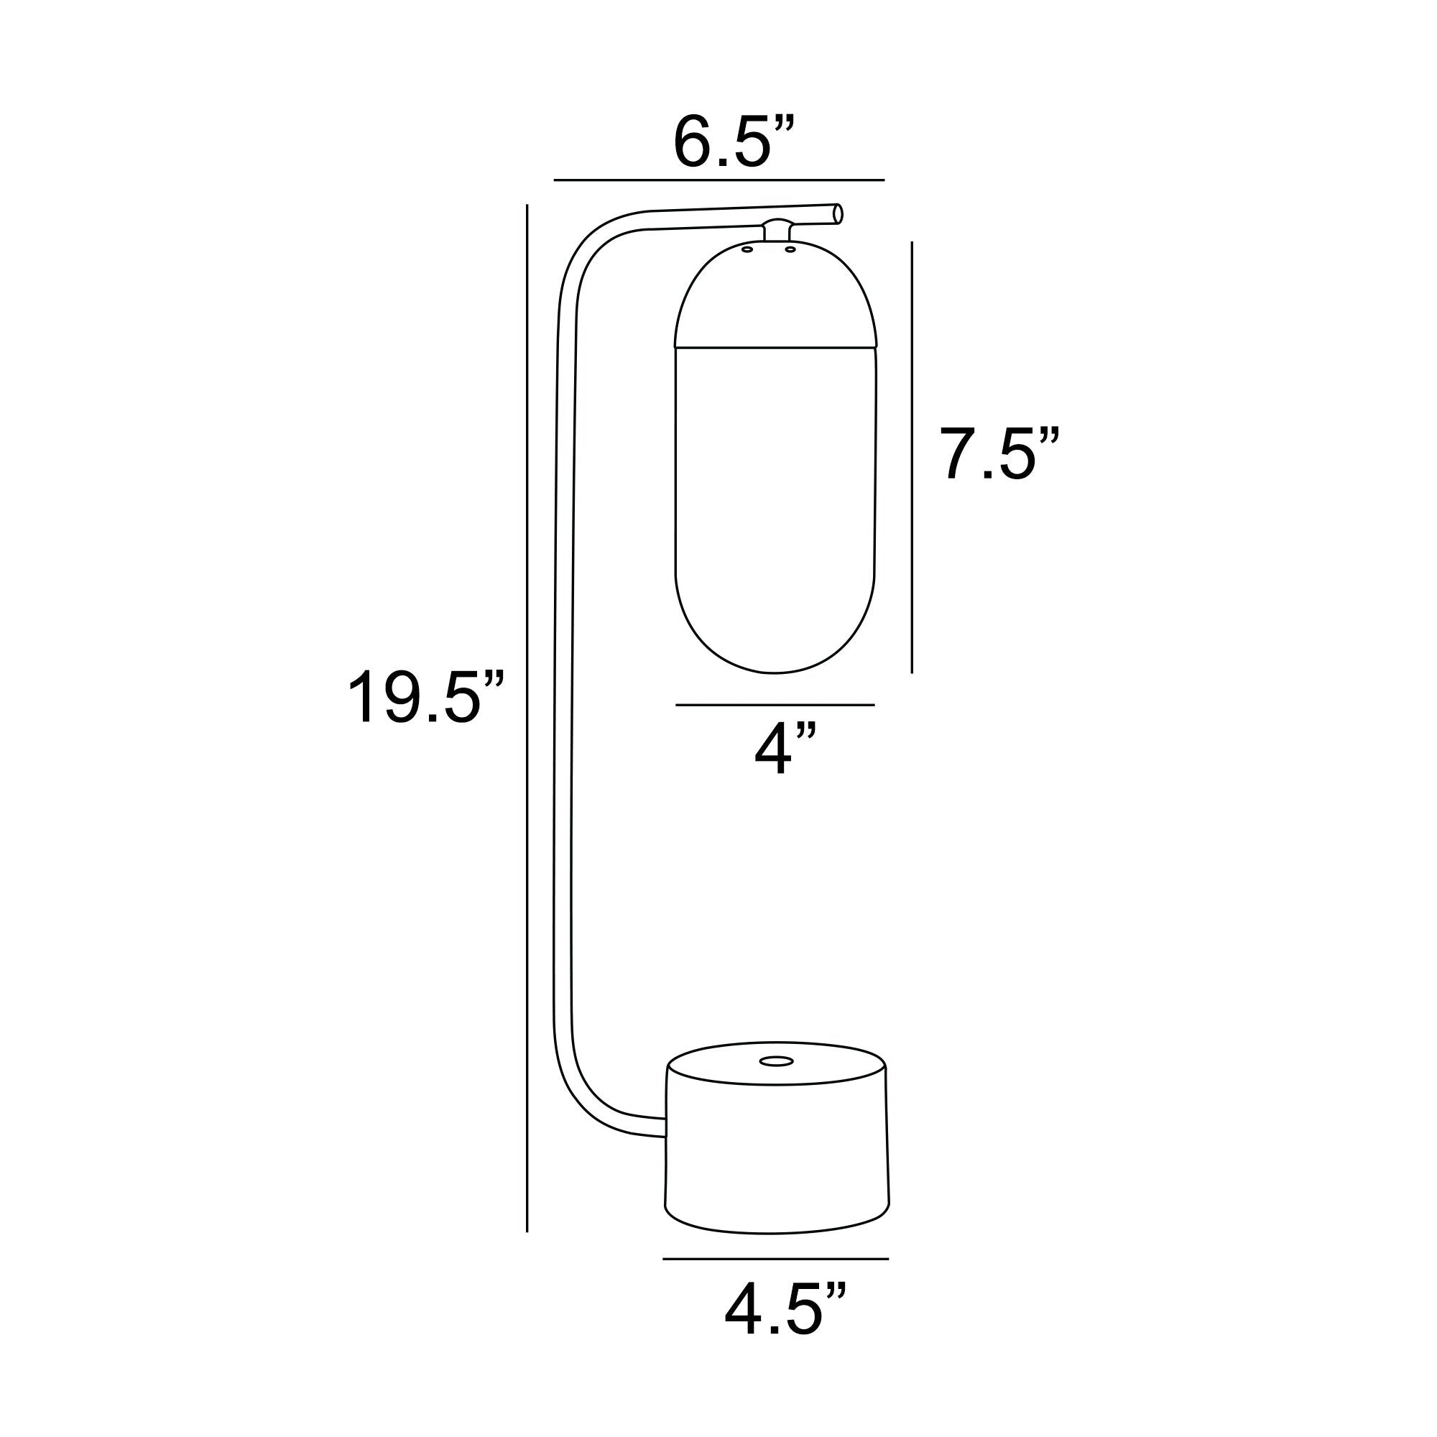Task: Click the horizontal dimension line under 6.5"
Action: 719,180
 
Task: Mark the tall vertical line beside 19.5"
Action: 527,718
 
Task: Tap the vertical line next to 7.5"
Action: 912,458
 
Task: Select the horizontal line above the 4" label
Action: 775,704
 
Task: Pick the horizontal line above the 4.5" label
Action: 776,1260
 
